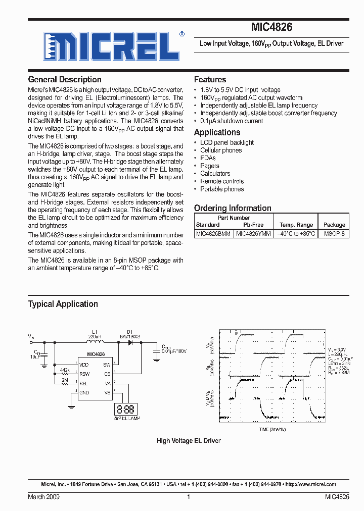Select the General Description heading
[65, 79]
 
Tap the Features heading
[210, 79]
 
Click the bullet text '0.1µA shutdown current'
[232, 121]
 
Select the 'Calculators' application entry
[215, 174]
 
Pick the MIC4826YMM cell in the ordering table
[253, 234]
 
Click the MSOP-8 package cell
[334, 234]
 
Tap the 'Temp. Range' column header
[296, 225]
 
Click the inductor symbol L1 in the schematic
[95, 342]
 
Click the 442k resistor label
[65, 370]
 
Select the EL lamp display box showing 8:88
[125, 410]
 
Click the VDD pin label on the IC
[84, 364]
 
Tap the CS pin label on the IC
[107, 374]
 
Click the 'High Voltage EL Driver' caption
[189, 441]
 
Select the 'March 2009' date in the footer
[43, 497]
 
